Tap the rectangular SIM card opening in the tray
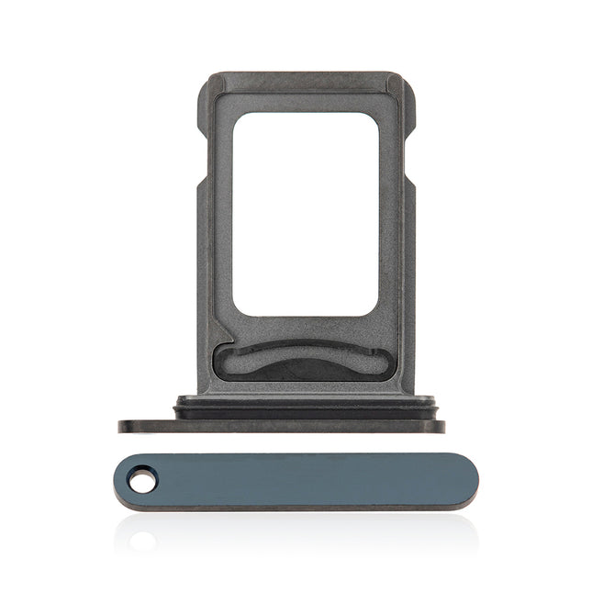tap(306, 216)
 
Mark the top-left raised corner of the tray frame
tap(212, 84)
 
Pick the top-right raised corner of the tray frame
tap(396, 84)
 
